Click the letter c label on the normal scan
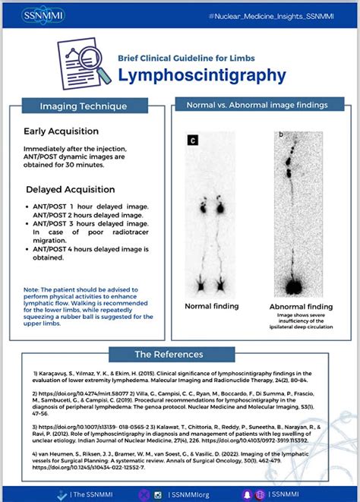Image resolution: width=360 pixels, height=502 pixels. pyautogui.click(x=194, y=140)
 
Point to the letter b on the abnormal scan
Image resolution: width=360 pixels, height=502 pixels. pyautogui.click(x=280, y=134)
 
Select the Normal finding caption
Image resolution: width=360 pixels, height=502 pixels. pyautogui.click(x=212, y=306)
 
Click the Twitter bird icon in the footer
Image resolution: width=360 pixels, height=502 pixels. pyautogui.click(x=62, y=494)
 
